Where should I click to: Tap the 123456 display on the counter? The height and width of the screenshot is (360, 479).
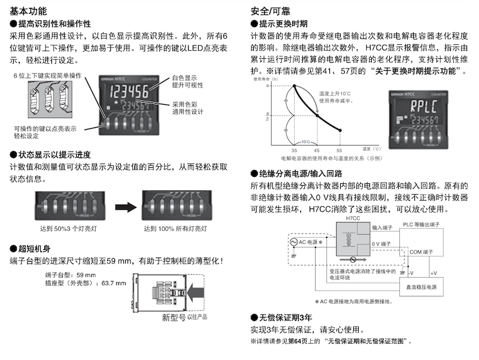pos(122,93)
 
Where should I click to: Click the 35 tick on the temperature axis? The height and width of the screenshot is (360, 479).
pos(294,150)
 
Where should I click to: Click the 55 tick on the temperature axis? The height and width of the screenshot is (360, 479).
pos(339,150)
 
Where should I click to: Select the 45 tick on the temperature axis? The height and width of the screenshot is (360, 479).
pos(317,150)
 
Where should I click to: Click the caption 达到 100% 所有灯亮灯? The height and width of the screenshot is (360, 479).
pos(177,229)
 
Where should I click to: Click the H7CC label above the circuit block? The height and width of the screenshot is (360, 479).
pos(354,220)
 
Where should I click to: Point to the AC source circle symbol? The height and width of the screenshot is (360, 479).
pos(294,243)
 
